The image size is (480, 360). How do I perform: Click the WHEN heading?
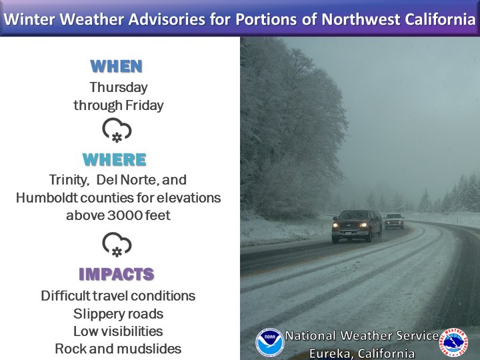coord(116,66)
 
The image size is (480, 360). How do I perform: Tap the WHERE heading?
coord(115,159)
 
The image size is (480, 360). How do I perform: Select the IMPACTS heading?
coord(117,274)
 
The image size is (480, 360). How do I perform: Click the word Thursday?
coord(119,87)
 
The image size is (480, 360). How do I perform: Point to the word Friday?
coord(145,105)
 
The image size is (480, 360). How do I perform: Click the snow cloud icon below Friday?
coord(117,130)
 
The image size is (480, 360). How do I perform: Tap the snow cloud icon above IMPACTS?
coord(117,244)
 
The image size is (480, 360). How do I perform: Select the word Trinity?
coord(69,180)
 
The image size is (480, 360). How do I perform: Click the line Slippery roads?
coord(118,314)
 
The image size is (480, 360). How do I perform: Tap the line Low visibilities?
coord(118,331)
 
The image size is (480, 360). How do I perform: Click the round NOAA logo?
coord(270,342)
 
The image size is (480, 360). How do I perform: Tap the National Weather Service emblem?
coord(454,341)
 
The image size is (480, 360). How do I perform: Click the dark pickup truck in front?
coord(357,226)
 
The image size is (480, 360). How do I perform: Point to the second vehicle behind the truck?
coord(394,221)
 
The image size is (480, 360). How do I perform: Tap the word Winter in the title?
coord(30,19)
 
